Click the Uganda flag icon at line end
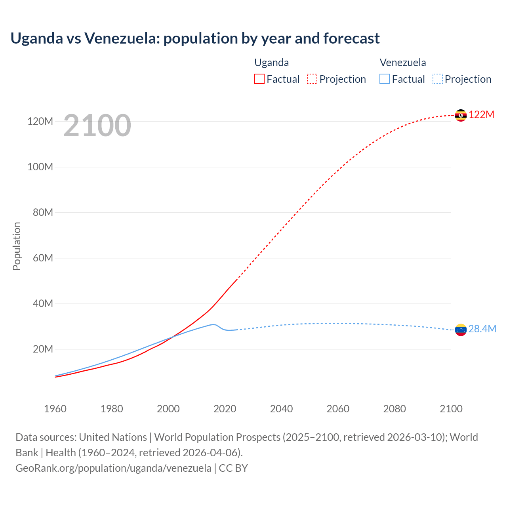(461, 115)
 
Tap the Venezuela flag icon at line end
(461, 330)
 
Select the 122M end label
(482, 115)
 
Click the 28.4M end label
(482, 329)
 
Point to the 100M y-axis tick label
(40, 167)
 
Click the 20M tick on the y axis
(43, 349)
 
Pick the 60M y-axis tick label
(43, 258)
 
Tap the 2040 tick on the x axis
(281, 409)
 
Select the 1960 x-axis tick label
(55, 409)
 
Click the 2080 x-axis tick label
(395, 409)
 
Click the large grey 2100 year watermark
(97, 126)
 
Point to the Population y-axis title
(17, 246)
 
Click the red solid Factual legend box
(259, 79)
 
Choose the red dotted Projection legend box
(312, 79)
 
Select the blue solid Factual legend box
(385, 79)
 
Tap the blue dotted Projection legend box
(437, 79)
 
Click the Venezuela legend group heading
(403, 63)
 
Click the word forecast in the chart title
(351, 38)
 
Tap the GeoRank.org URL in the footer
(113, 468)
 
